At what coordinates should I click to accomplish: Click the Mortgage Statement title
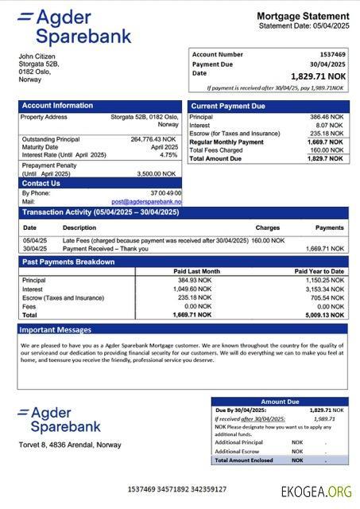click(x=302, y=16)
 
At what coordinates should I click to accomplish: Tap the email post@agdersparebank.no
click(x=146, y=202)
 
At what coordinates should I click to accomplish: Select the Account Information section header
click(x=57, y=105)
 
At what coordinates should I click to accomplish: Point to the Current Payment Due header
click(x=228, y=106)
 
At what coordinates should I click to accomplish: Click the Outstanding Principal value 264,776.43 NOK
click(x=154, y=139)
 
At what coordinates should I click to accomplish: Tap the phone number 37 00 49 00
click(x=165, y=193)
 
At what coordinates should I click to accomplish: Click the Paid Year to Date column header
click(x=319, y=271)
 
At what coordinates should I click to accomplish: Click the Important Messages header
click(x=56, y=329)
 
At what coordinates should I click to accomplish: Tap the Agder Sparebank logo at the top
click(x=75, y=27)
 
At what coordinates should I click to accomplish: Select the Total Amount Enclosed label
click(x=245, y=460)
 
